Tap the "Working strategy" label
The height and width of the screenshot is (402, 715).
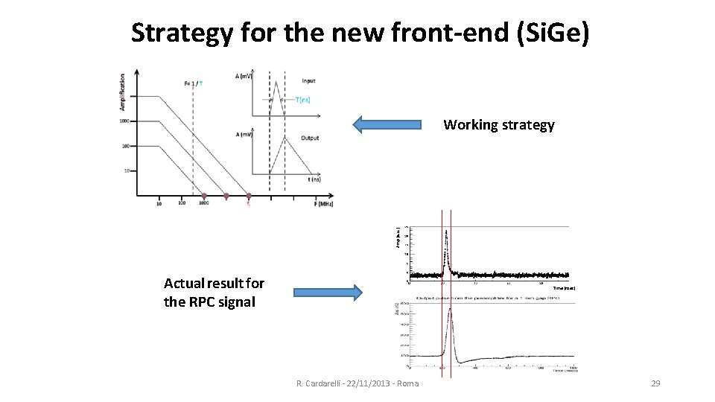click(x=498, y=125)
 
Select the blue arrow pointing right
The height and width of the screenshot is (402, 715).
click(x=327, y=293)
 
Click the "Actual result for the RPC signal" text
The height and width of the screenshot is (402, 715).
click(x=214, y=293)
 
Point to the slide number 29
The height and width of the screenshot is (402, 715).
click(x=655, y=383)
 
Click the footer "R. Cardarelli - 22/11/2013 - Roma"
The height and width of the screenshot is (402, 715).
click(x=357, y=383)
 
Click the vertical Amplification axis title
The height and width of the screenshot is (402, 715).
click(x=122, y=93)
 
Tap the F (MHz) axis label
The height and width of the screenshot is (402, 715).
click(x=322, y=204)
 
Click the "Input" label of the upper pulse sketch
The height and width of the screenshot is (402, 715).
click(x=308, y=80)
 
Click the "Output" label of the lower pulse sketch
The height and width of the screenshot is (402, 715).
click(x=310, y=137)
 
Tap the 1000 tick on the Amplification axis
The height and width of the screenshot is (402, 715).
click(x=124, y=121)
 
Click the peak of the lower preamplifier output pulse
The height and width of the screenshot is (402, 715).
click(x=449, y=308)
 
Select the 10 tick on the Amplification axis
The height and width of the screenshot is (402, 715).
click(x=126, y=170)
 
